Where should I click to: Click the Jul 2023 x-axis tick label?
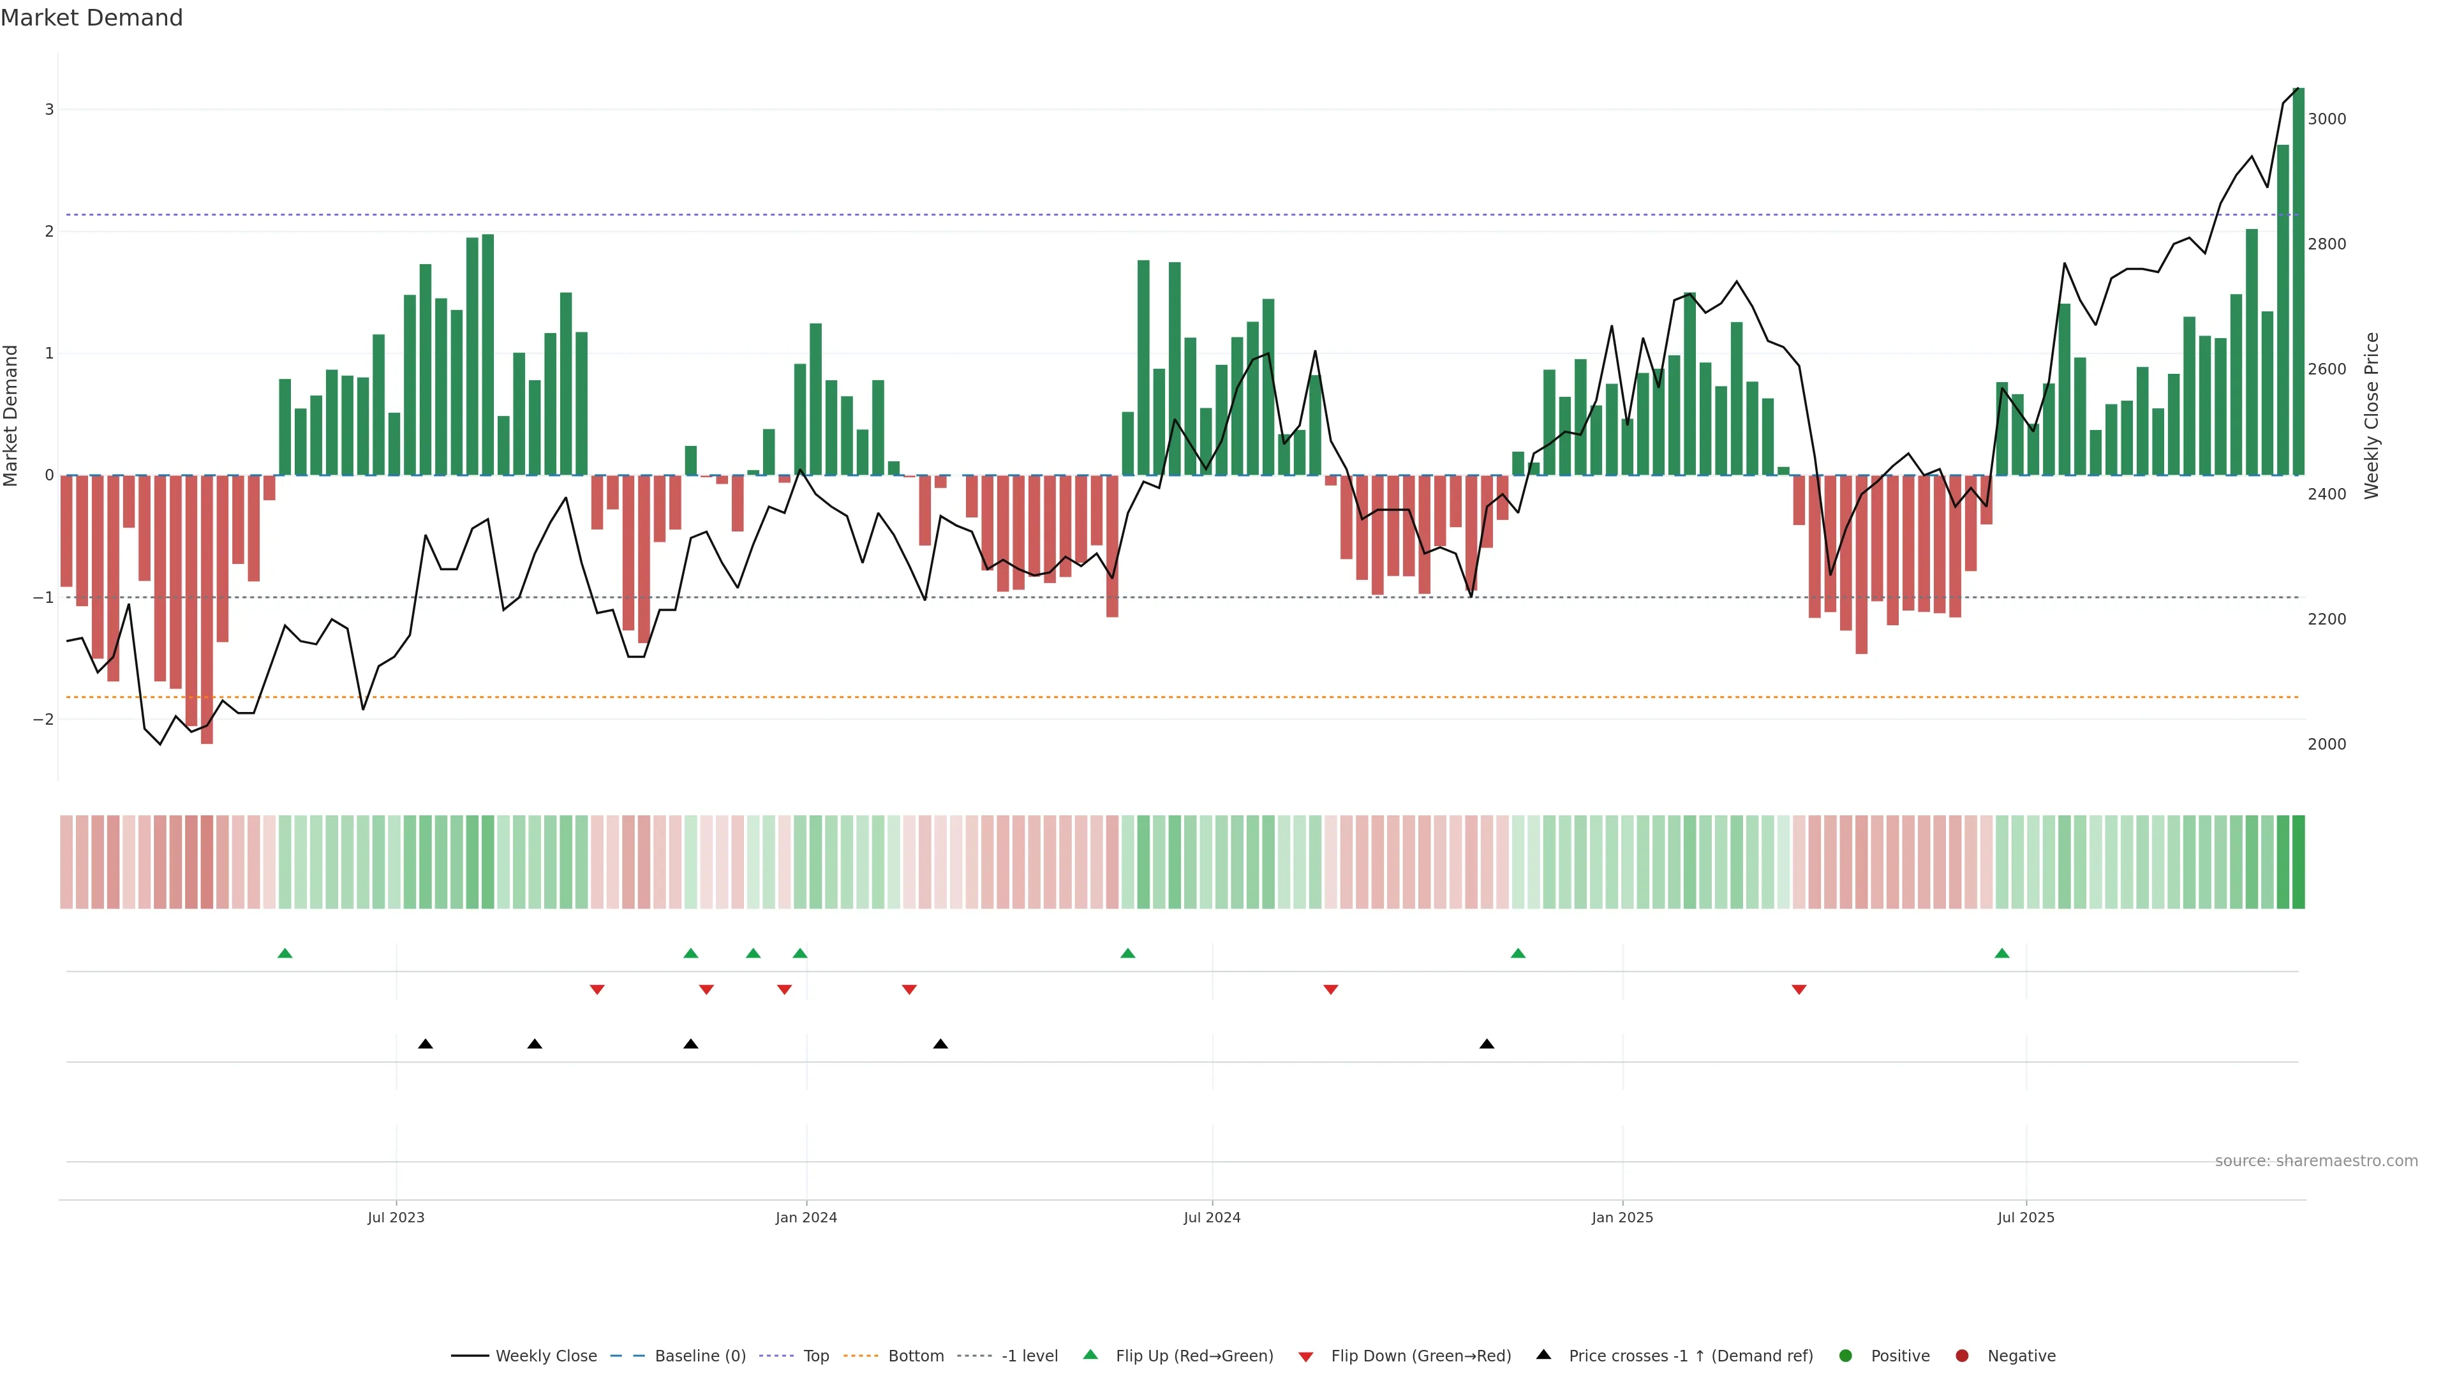coord(396,1217)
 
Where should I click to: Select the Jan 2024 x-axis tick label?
coord(806,1217)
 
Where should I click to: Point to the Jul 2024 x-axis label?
coord(1212,1217)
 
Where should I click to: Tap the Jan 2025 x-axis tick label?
coord(1622,1217)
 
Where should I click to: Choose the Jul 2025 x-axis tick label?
coord(2026,1217)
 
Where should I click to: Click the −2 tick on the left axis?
coord(44,720)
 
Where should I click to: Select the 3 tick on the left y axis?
coord(50,109)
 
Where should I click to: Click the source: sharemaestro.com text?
coord(2316,1161)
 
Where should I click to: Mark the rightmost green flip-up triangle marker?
coord(2002,953)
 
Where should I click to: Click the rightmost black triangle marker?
coord(1487,1044)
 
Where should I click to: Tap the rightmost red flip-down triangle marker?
coord(1799,990)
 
